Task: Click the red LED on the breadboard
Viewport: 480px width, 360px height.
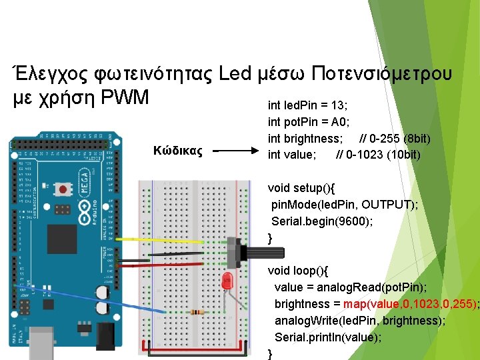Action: pyautogui.click(x=227, y=280)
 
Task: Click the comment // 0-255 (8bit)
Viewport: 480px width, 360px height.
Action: pyautogui.click(x=395, y=139)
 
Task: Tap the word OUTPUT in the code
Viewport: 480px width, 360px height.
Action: pyautogui.click(x=389, y=204)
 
